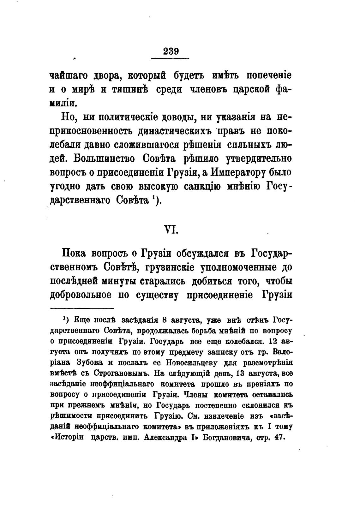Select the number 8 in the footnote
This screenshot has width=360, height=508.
(x=164, y=320)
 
